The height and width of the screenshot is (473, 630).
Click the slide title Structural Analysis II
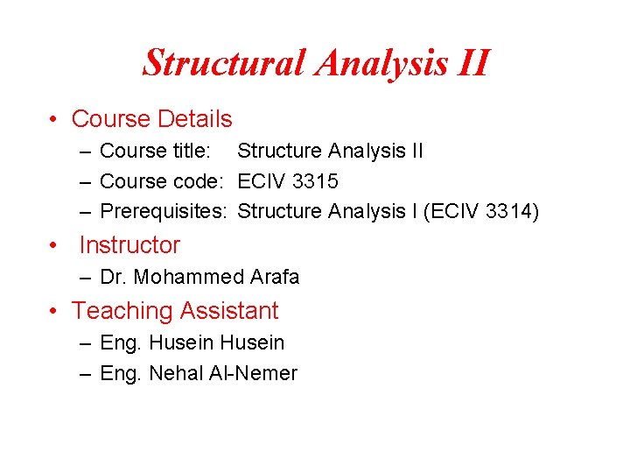coord(316,63)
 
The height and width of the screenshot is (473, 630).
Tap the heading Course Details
coord(151,119)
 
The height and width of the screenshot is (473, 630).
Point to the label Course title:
coord(155,151)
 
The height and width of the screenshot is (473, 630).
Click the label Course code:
coord(163,182)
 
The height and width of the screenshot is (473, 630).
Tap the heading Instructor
coord(129,245)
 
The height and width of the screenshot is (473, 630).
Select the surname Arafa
coord(275,278)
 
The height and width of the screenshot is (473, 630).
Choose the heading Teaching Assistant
coord(175,310)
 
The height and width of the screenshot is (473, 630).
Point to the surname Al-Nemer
coord(254,374)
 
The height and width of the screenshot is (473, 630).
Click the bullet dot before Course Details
coord(54,120)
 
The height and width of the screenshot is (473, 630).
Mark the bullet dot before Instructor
coord(54,246)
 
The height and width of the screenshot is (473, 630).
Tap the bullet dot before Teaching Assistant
coord(54,311)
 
